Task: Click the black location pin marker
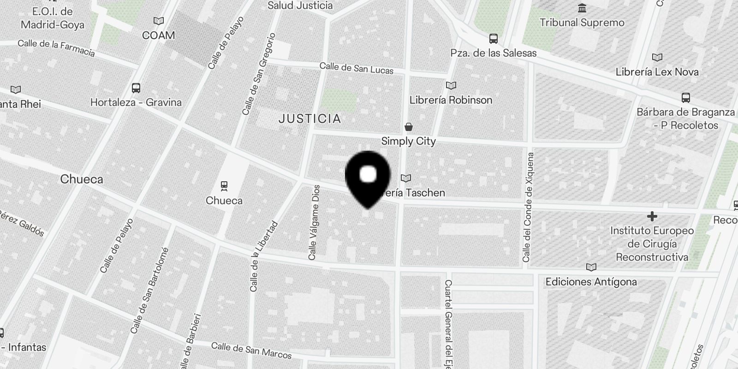[368, 178]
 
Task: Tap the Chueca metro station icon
[224, 186]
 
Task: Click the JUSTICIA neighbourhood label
[310, 119]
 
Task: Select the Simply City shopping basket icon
[408, 127]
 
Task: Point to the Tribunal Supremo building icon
[582, 8]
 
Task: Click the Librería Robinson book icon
[451, 85]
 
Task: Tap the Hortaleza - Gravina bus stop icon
[136, 88]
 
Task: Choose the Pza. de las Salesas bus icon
[493, 38]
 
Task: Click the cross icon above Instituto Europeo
[652, 216]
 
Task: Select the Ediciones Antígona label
[591, 282]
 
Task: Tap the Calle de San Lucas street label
[357, 68]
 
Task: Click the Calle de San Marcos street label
[251, 351]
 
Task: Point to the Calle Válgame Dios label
[314, 222]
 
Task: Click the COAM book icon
[158, 21]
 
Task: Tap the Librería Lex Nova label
[657, 72]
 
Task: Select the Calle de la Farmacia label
[56, 48]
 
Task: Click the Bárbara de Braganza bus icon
[686, 97]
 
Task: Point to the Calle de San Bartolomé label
[149, 291]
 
